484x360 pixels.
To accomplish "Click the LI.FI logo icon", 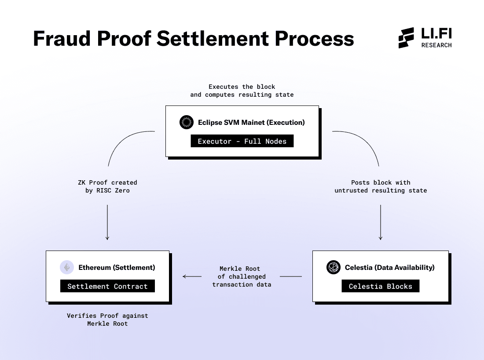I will (406, 38).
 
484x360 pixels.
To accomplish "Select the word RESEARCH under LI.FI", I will (436, 45).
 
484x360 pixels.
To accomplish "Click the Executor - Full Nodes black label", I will (242, 141).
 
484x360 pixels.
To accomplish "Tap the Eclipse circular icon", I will (187, 122).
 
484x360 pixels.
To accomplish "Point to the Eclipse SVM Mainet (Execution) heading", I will (251, 122).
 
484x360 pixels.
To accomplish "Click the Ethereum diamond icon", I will (67, 267).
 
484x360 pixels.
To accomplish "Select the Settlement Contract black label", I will (107, 286).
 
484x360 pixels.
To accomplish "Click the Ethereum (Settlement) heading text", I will (117, 267).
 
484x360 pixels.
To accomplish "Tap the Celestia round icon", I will (334, 267).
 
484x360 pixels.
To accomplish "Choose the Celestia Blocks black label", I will (381, 286).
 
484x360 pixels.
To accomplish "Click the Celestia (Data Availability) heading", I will (390, 267).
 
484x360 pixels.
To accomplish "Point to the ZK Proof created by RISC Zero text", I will (108, 186).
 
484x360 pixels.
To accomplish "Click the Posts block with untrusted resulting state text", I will (381, 186).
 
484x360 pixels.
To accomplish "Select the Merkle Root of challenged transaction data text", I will (241, 276).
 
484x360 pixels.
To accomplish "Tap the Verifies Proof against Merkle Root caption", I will (108, 320).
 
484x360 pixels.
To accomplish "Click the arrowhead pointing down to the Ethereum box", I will (107, 238).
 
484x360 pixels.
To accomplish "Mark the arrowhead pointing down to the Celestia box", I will (381, 238).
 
